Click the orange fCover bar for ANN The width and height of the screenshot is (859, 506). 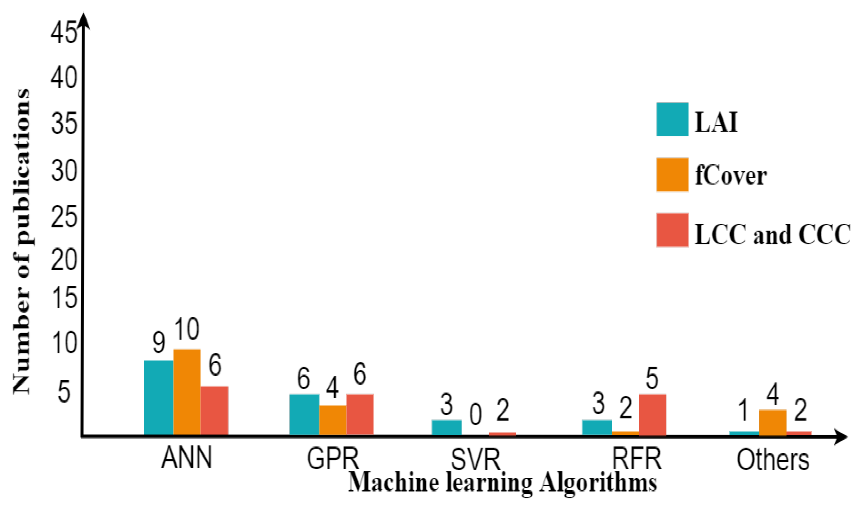pyautogui.click(x=187, y=392)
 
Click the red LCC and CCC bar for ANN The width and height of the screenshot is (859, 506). pyautogui.click(x=215, y=411)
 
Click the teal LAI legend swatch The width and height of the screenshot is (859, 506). pyautogui.click(x=672, y=119)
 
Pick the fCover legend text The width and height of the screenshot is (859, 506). pyautogui.click(x=731, y=176)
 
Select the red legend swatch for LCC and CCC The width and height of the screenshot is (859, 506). pyautogui.click(x=672, y=230)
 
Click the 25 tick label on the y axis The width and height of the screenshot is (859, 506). pyautogui.click(x=63, y=218)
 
